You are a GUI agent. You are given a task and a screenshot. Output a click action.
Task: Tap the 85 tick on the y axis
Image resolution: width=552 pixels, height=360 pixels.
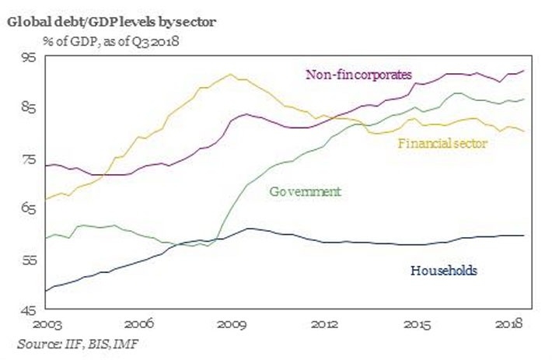coord(29,108)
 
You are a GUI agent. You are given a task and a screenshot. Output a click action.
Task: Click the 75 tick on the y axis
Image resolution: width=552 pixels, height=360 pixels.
coord(29,159)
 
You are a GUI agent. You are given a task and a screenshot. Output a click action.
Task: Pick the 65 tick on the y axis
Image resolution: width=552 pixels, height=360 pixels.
coord(29,210)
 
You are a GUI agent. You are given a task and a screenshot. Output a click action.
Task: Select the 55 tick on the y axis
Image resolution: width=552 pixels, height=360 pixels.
coord(29,260)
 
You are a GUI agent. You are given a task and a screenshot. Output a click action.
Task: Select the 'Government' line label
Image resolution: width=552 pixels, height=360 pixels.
coord(306,191)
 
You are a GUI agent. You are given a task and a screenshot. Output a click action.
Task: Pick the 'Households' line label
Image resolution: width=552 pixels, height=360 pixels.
coord(442,271)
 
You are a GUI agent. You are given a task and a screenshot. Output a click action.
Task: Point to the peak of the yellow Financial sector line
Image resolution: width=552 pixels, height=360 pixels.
coord(231,75)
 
